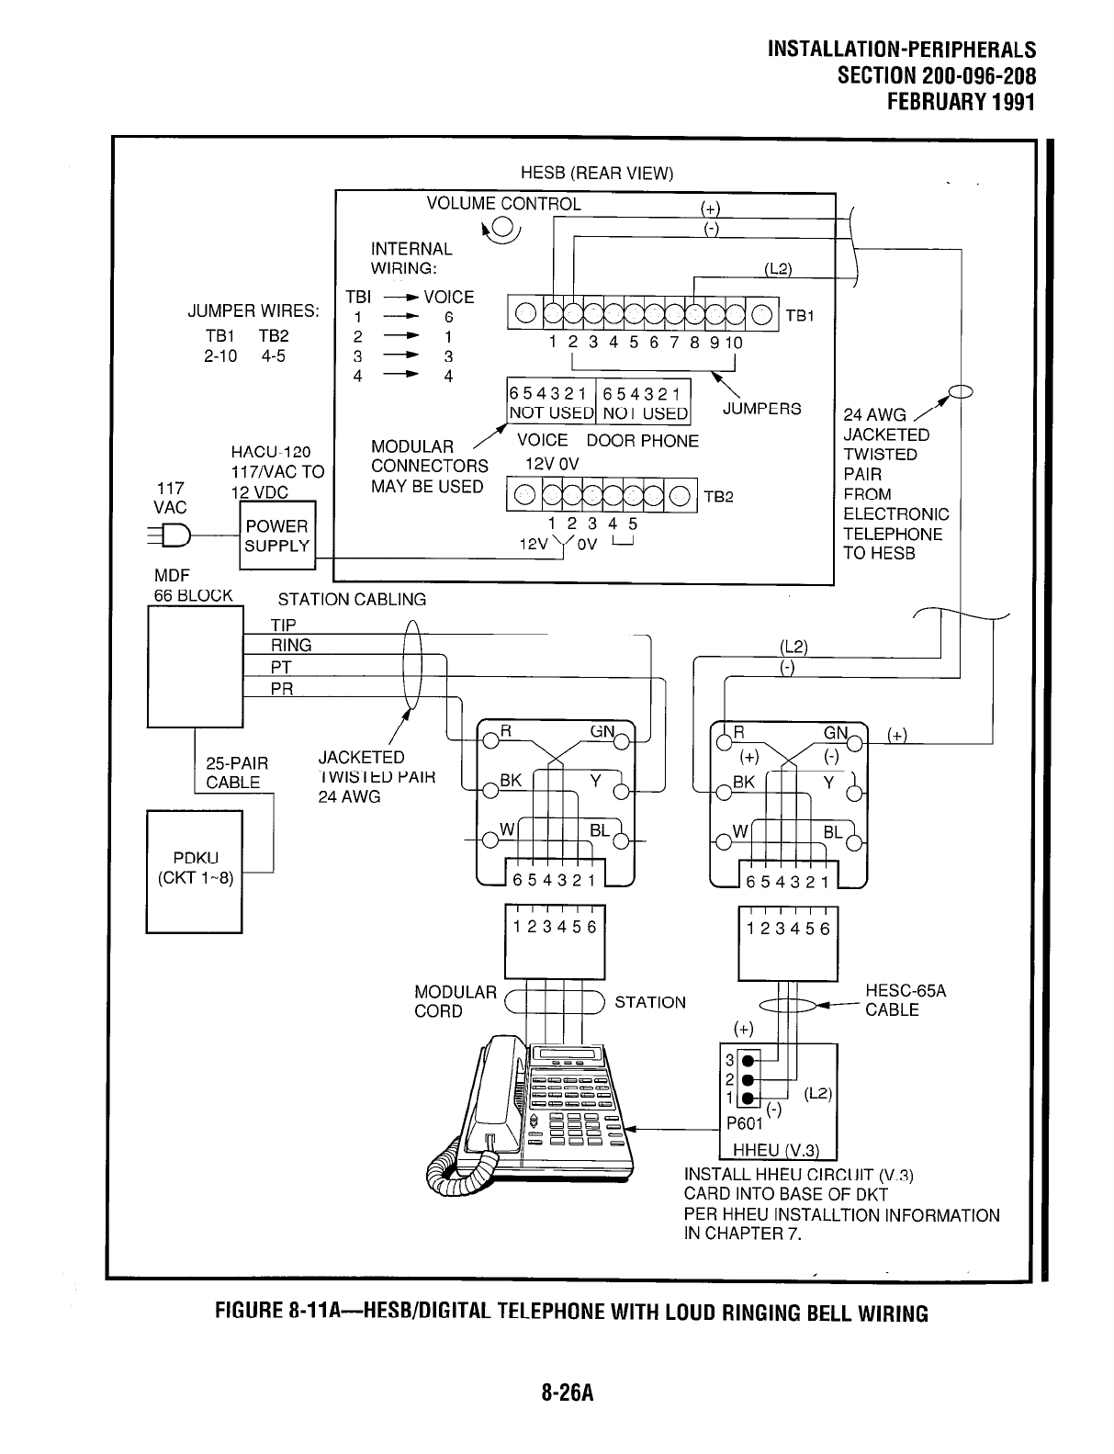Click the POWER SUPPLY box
(x=276, y=536)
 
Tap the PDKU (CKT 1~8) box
(x=194, y=870)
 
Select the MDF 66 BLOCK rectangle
(x=195, y=668)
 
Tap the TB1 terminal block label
(x=799, y=316)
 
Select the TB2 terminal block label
(x=718, y=497)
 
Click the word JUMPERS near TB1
(x=761, y=409)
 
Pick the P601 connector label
(x=744, y=1123)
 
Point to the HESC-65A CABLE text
(x=905, y=1000)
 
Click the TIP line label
(x=283, y=626)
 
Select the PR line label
(x=282, y=689)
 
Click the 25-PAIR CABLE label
(x=236, y=772)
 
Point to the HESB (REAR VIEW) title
(x=597, y=174)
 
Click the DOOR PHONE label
(x=643, y=441)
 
